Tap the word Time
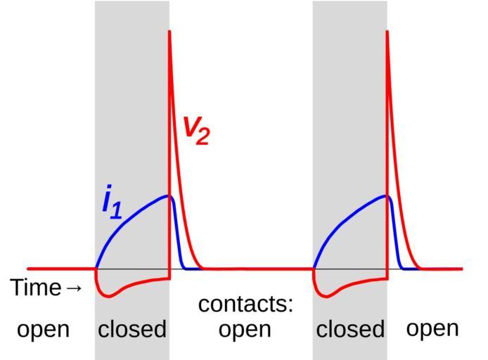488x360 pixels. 36,288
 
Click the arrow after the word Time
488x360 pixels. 73,288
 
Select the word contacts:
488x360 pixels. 245,304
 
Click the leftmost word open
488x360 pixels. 43,329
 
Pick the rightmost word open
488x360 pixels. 432,328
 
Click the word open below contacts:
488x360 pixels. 245,329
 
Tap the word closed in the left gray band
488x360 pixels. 132,329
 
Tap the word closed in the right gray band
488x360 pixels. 350,329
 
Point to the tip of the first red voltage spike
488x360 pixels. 169,31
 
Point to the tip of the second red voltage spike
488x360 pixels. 387,31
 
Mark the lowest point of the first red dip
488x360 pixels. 109,296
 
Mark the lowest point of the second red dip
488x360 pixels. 327,296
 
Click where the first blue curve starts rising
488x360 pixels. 96,268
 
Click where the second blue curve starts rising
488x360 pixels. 314,268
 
